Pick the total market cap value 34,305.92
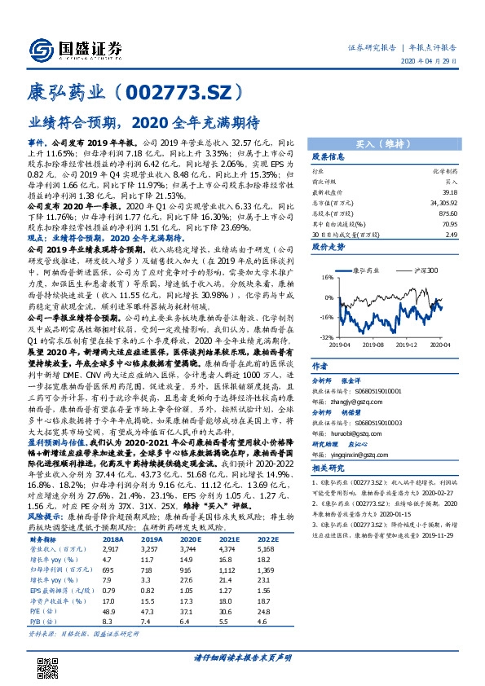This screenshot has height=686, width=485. [440, 204]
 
